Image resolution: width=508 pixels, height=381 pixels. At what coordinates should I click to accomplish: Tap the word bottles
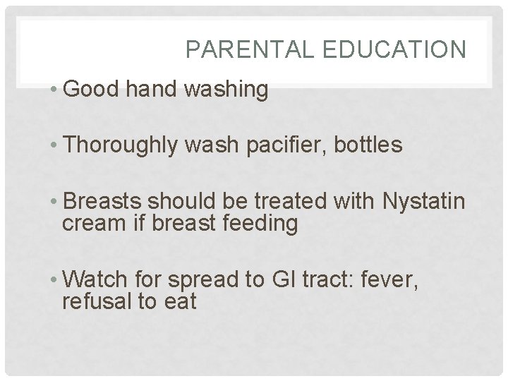point(367,146)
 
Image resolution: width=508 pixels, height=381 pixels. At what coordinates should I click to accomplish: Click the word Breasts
point(99,202)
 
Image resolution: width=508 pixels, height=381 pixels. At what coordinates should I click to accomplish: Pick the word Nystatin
point(423,202)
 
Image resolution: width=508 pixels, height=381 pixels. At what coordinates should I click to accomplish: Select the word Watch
point(92,280)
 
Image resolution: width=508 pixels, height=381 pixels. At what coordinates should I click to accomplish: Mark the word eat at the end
point(179,302)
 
